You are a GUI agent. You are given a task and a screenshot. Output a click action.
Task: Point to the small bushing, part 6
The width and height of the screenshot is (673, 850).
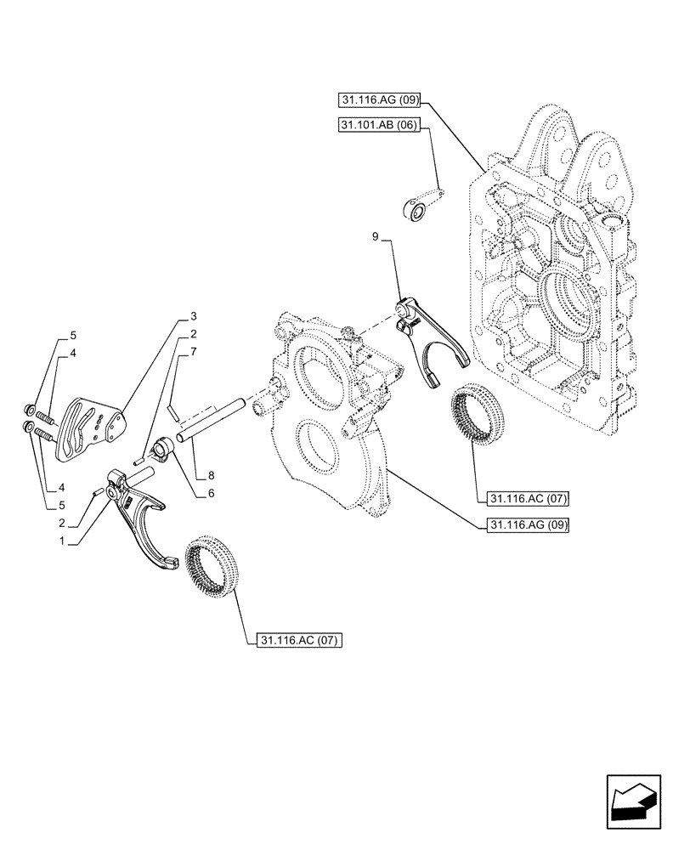[x=163, y=446]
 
